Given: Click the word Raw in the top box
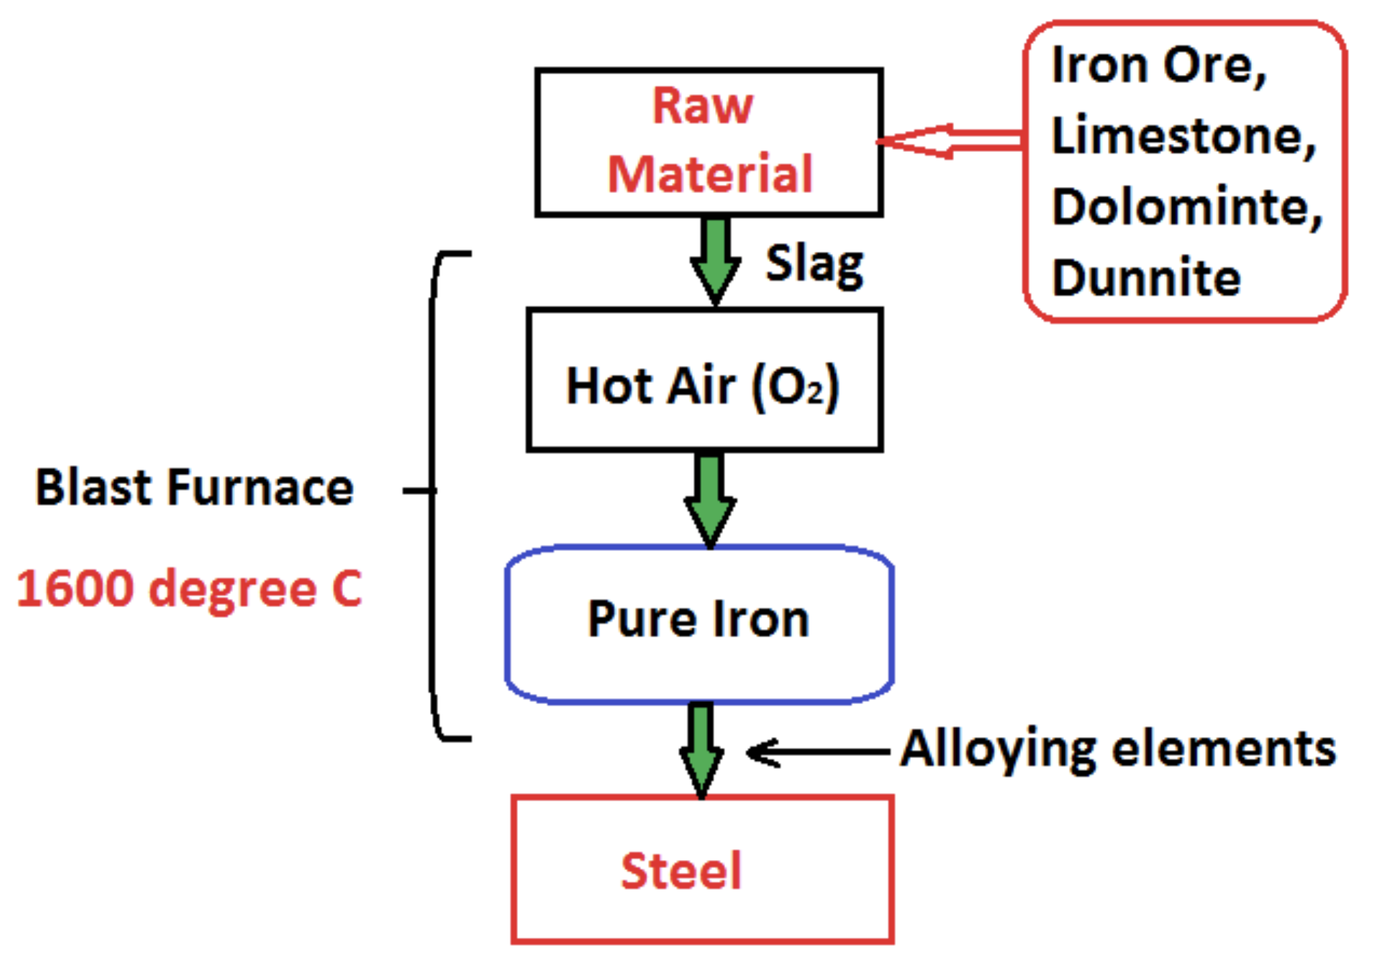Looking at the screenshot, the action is [702, 106].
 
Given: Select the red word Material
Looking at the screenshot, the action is [710, 174].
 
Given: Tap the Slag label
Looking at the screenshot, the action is [814, 265].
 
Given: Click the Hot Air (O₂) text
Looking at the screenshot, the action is [703, 386].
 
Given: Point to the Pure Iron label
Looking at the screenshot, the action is [698, 618].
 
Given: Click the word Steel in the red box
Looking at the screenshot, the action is [681, 871].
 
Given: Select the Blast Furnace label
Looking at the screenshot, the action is [194, 487].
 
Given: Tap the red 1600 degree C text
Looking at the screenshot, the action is [189, 589].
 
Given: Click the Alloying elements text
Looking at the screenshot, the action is [1119, 749].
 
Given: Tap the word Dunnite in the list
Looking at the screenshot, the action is [1146, 277].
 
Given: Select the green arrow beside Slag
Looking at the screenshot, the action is [716, 261].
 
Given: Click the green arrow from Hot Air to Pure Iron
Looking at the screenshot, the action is [710, 500].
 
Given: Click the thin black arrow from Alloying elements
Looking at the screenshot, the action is [818, 751].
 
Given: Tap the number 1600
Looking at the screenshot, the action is [74, 589].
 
